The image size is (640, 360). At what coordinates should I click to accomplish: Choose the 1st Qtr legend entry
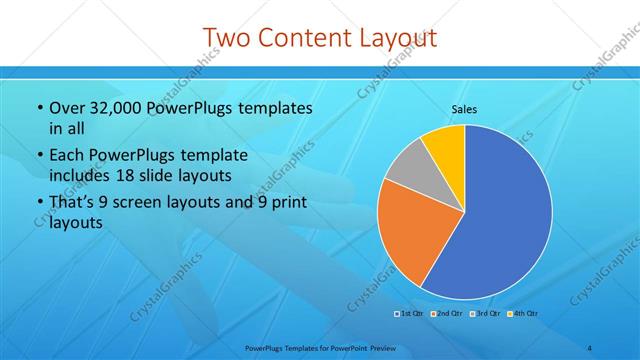click(407, 313)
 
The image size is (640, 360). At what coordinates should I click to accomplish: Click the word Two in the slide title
click(226, 38)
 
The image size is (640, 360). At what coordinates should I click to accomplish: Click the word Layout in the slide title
click(396, 38)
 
